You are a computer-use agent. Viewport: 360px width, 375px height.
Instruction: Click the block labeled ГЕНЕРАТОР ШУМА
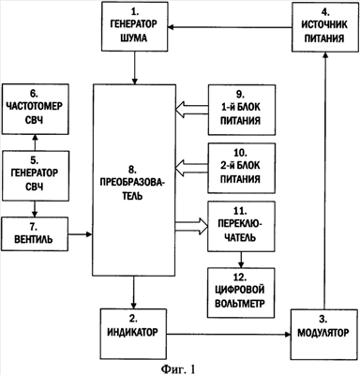(135, 26)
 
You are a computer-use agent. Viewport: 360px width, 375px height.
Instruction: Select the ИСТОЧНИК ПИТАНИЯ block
(325, 27)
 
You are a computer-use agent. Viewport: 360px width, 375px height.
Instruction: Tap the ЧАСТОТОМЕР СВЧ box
(35, 109)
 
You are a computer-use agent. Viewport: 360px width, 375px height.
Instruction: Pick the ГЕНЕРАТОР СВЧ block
(35, 176)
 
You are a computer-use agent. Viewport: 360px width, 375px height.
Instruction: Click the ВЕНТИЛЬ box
(35, 234)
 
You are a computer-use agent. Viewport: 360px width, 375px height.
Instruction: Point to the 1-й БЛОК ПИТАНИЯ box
(242, 110)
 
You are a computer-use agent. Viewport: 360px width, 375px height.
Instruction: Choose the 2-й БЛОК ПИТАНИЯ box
(242, 168)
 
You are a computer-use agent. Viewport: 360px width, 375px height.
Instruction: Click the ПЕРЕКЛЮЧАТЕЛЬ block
(241, 226)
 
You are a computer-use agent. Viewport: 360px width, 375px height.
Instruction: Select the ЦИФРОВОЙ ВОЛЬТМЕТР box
(241, 292)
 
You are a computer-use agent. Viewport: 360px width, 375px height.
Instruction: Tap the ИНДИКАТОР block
(133, 334)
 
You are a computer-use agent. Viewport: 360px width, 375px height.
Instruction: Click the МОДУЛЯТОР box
(324, 335)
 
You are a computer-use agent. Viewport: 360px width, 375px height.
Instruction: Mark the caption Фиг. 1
(178, 369)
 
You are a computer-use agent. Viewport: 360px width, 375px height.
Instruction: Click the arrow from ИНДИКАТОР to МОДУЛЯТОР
(229, 335)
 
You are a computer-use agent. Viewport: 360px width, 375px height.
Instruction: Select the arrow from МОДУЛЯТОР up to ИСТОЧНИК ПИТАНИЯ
(325, 180)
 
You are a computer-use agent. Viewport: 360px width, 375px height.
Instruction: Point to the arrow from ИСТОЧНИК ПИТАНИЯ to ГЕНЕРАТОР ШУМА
(230, 27)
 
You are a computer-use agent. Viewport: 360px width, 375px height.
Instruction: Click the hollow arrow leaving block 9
(192, 110)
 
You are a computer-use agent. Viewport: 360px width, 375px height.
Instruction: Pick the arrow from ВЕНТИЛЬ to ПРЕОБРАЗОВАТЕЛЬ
(81, 233)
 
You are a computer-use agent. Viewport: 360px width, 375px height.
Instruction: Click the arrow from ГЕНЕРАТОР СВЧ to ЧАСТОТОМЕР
(35, 142)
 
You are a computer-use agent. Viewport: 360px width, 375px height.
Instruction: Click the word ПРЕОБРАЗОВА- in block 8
(133, 183)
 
